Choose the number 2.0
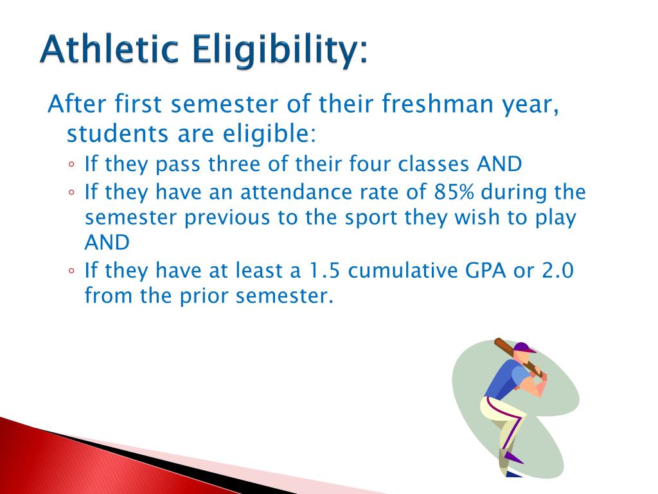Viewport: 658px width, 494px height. (x=558, y=270)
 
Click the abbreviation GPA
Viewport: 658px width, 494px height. (x=485, y=270)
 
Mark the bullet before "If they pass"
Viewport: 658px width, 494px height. (x=71, y=165)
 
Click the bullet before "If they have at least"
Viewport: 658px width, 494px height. (x=71, y=271)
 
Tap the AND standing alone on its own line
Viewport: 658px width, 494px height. (x=107, y=242)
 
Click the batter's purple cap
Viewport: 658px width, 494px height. (x=524, y=348)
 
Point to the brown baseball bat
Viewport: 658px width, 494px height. (x=518, y=356)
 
